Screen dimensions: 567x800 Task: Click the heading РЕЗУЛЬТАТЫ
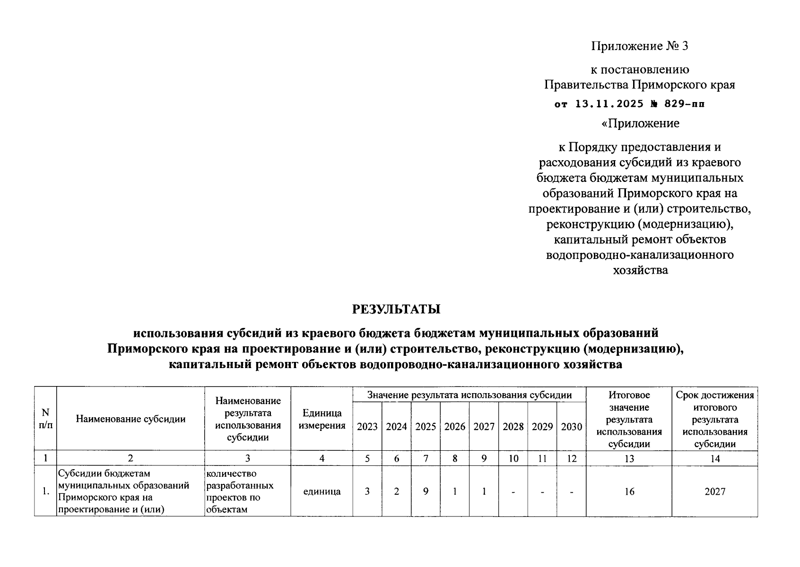click(x=396, y=309)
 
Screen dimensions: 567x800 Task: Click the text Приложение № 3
click(x=640, y=46)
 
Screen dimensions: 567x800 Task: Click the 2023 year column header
click(x=367, y=427)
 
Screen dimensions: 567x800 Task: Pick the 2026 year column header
click(x=455, y=427)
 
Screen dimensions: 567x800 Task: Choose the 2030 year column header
click(x=571, y=427)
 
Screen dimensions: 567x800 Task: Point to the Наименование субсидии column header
click(x=130, y=419)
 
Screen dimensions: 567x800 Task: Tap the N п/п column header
click(x=45, y=419)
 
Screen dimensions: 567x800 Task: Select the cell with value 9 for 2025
click(x=426, y=491)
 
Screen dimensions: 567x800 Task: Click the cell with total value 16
click(x=629, y=491)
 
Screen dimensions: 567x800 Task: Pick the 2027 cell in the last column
click(x=715, y=491)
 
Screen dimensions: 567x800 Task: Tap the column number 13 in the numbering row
click(x=629, y=458)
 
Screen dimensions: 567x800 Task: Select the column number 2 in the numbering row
click(x=130, y=458)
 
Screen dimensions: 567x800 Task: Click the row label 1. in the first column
click(x=45, y=491)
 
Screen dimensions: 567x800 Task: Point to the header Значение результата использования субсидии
click(x=470, y=395)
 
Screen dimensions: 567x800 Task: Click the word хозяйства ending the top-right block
click(x=640, y=271)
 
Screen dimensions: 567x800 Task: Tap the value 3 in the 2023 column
click(x=367, y=491)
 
